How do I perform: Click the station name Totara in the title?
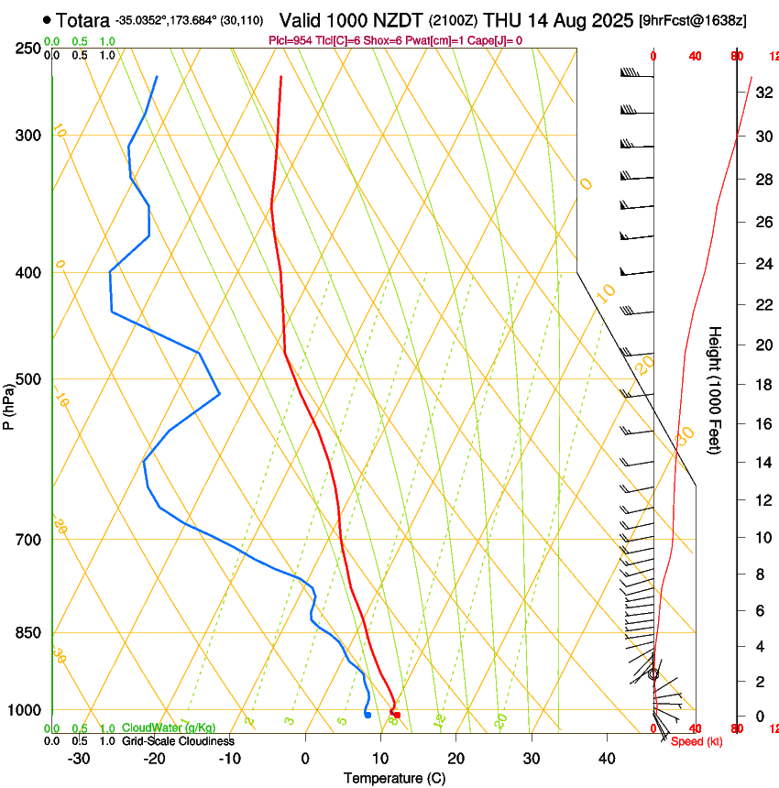[x=83, y=20]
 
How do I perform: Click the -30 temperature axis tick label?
[x=79, y=759]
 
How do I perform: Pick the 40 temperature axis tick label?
[x=607, y=759]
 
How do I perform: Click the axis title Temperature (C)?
[x=394, y=778]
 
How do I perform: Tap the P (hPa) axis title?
[x=9, y=402]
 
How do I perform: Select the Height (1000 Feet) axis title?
[x=716, y=389]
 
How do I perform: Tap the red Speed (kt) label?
[x=697, y=741]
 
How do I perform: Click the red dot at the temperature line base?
[x=396, y=715]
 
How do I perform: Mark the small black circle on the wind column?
[x=653, y=673]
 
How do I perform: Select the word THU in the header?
[x=501, y=20]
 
